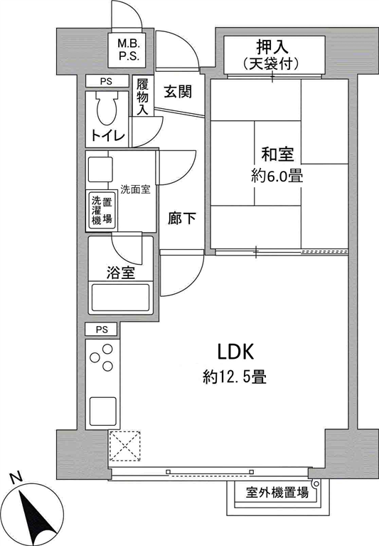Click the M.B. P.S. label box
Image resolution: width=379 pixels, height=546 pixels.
pyautogui.click(x=129, y=49)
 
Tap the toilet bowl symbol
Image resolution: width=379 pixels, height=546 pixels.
pyautogui.click(x=107, y=108)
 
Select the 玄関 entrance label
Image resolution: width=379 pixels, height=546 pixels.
pyautogui.click(x=178, y=92)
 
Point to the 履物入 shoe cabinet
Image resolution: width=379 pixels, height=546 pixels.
pyautogui.click(x=142, y=96)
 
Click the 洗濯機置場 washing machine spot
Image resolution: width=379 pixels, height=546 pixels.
pyautogui.click(x=102, y=211)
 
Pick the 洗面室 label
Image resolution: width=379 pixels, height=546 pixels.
pyautogui.click(x=135, y=190)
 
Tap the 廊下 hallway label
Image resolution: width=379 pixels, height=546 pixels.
pyautogui.click(x=181, y=219)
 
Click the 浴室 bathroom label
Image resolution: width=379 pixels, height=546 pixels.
pyautogui.click(x=121, y=273)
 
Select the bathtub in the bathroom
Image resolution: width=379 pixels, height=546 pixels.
pyautogui.click(x=121, y=297)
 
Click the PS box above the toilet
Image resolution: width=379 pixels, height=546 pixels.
pyautogui.click(x=107, y=81)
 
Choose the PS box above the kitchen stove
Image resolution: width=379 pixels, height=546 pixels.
pyautogui.click(x=102, y=329)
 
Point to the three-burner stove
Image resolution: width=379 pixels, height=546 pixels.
pyautogui.click(x=102, y=357)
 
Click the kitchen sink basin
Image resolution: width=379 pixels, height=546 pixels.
pyautogui.click(x=103, y=411)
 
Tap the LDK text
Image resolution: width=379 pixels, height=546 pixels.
pyautogui.click(x=236, y=352)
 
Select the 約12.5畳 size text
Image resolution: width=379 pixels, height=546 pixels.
pyautogui.click(x=235, y=377)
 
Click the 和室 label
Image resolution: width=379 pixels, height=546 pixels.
pyautogui.click(x=277, y=154)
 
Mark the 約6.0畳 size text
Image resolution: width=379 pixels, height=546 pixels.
pyautogui.click(x=277, y=177)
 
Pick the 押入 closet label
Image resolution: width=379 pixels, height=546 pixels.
pyautogui.click(x=272, y=46)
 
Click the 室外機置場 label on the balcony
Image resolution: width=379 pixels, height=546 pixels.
pyautogui.click(x=277, y=493)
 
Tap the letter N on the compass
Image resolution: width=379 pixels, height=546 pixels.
pyautogui.click(x=16, y=478)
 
